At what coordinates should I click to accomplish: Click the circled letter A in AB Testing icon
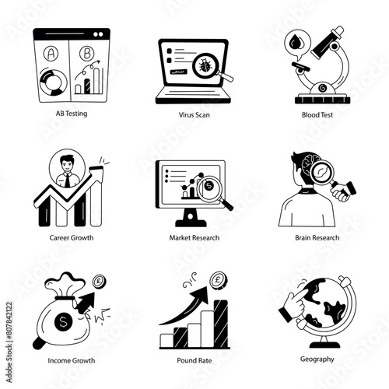[51, 54]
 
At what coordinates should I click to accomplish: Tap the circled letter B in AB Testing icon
[87, 54]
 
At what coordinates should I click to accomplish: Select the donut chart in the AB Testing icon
[54, 82]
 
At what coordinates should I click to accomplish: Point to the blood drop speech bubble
[297, 44]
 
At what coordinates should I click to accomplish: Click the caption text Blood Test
[317, 115]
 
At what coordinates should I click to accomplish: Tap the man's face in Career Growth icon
[67, 164]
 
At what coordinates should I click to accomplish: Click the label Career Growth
[72, 238]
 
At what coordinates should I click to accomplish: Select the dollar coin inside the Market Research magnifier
[209, 186]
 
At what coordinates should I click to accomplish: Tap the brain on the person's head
[310, 164]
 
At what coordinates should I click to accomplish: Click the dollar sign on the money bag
[63, 322]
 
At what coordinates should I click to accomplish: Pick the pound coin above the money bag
[99, 281]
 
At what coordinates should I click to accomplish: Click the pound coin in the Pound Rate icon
[219, 280]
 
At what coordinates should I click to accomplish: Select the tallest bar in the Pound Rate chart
[221, 324]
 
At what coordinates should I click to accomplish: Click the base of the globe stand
[324, 345]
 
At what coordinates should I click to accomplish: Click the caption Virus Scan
[194, 115]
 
